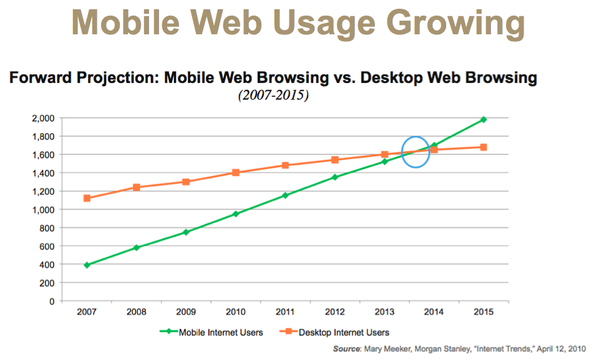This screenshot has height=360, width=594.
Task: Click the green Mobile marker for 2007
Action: [87, 265]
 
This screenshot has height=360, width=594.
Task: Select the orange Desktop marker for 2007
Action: [87, 198]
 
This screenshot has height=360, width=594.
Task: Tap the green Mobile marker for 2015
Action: [484, 119]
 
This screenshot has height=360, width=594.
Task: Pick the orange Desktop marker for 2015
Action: [484, 147]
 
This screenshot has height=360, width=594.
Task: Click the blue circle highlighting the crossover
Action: [415, 152]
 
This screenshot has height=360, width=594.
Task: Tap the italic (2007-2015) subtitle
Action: [272, 97]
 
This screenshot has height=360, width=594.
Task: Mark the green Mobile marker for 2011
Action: [285, 195]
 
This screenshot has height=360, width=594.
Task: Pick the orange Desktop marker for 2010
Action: [236, 172]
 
